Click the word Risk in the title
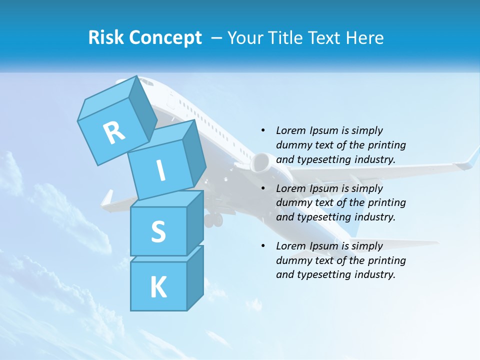tap(106, 38)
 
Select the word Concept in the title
tap(166, 38)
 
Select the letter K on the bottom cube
tap(158, 287)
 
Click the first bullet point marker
tap(263, 130)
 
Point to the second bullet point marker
tap(263, 188)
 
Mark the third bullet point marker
tap(263, 246)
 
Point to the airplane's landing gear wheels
tap(214, 219)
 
